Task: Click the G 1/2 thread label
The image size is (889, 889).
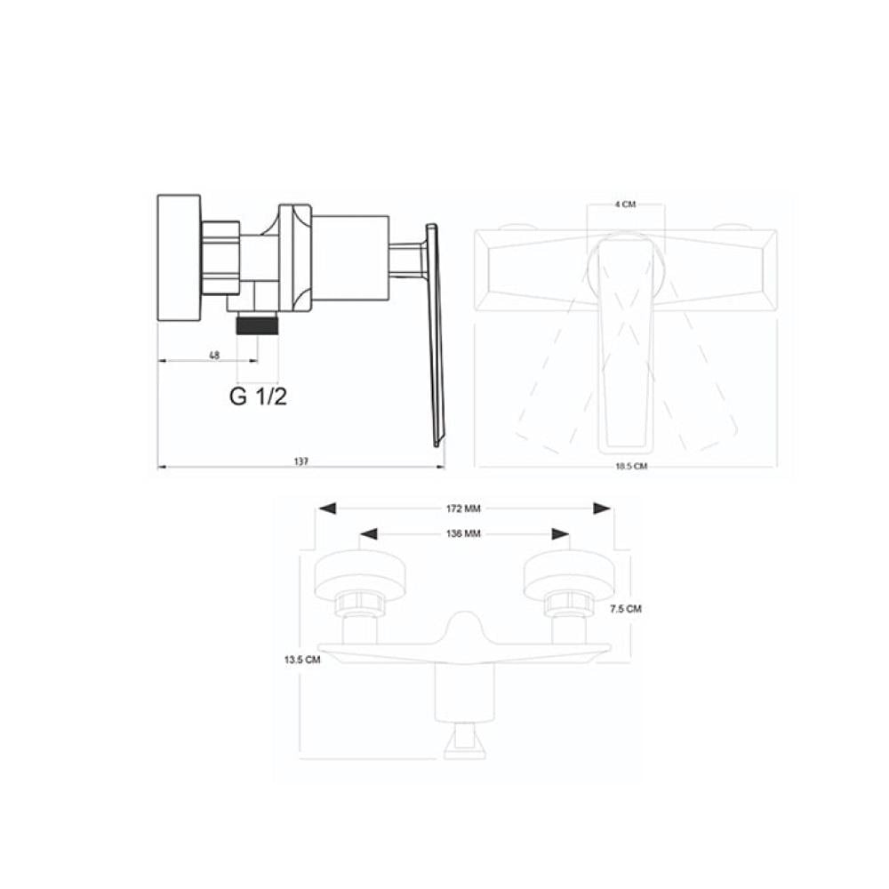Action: [x=258, y=396]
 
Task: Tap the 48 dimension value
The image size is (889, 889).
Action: [x=214, y=356]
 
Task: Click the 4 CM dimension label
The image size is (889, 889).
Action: [x=625, y=204]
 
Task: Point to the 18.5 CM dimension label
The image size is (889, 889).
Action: [x=631, y=466]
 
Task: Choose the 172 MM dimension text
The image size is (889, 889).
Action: [x=463, y=509]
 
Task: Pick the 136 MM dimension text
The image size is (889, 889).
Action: [x=463, y=533]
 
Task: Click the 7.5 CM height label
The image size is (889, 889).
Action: [x=626, y=609]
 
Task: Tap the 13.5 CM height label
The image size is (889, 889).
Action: [x=302, y=660]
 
